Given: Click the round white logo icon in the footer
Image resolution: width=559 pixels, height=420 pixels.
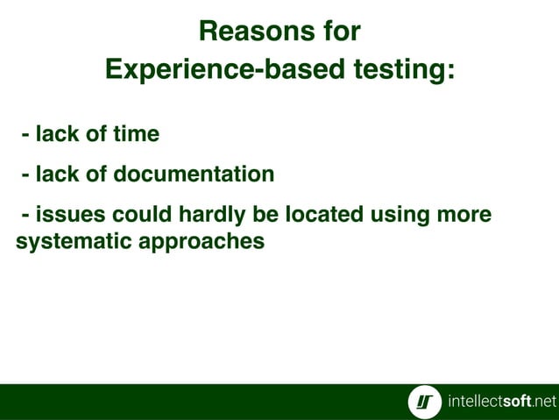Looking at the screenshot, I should (x=425, y=402).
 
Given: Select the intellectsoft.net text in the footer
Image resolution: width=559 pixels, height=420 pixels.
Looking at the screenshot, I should (x=501, y=402).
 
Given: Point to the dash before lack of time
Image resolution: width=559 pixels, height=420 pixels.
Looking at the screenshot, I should (x=26, y=135).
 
